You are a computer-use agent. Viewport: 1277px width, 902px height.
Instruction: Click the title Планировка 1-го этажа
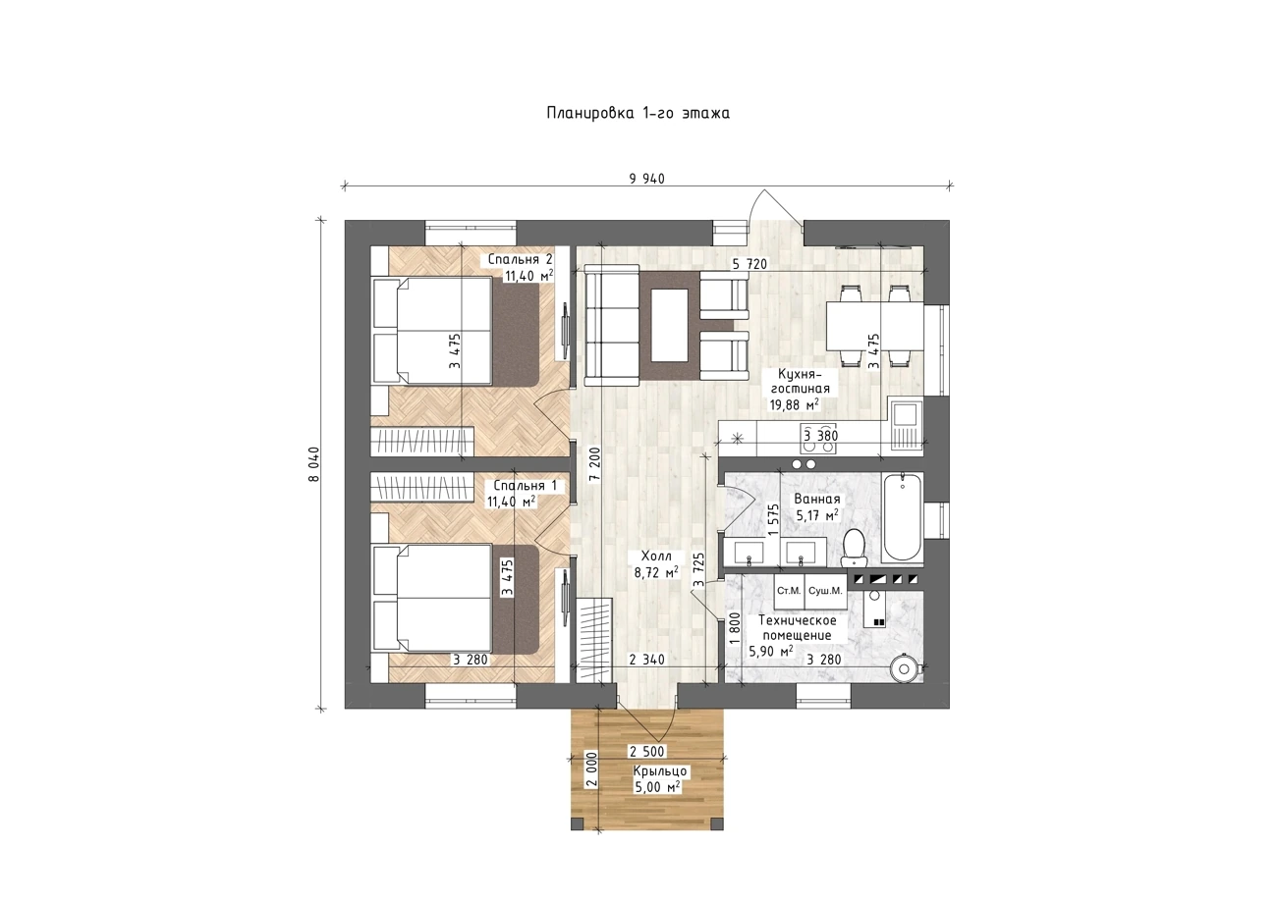tap(638, 113)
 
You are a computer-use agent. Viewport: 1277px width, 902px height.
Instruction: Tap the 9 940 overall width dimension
tap(647, 179)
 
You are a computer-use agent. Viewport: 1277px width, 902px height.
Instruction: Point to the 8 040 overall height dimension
tap(314, 464)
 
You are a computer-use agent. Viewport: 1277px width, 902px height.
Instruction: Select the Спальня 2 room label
tap(520, 259)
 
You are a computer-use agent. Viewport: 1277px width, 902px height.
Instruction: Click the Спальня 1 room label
tap(525, 486)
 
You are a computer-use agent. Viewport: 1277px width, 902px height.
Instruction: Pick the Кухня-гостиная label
tap(800, 382)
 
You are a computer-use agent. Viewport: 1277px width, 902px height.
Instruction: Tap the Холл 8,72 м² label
tap(656, 563)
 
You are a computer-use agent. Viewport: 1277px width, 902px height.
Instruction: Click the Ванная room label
tap(817, 500)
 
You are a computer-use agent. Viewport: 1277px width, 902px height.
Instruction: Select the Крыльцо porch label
tap(659, 771)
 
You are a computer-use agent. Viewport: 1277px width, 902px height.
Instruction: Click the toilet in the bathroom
tap(854, 548)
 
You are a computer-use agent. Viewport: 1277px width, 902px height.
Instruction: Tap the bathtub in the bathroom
tap(902, 516)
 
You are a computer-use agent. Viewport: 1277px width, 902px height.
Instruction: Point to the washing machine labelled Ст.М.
tap(789, 591)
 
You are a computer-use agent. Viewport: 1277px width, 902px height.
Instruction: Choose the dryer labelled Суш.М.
tap(825, 591)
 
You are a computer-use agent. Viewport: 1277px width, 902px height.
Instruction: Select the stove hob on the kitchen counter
tap(818, 439)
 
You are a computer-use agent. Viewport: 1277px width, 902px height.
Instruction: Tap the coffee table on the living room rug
tap(669, 325)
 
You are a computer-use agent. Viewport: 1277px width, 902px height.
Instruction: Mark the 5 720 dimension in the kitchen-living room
tap(750, 264)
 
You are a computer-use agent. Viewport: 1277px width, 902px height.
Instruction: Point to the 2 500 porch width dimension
tap(647, 752)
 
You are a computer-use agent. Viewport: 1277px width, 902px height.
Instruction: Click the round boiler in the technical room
tap(905, 668)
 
